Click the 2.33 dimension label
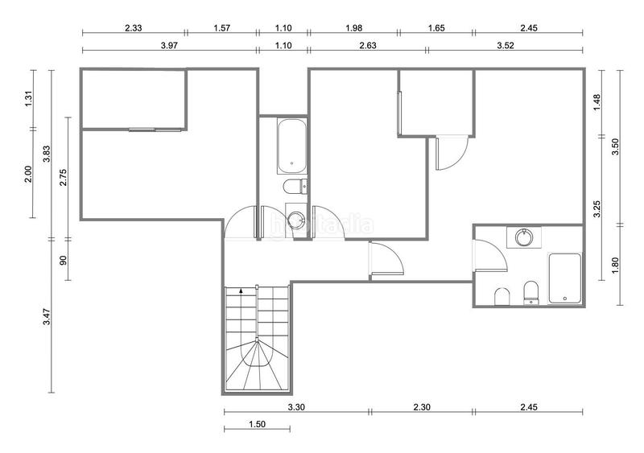coord(134,28)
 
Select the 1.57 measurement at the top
coord(222,28)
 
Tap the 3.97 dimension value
coord(169,45)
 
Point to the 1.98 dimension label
coord(354,28)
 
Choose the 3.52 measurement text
coord(506,45)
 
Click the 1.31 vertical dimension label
coord(28,99)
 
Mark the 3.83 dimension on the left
coord(47,154)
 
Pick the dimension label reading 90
coord(64,260)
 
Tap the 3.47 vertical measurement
coord(47,317)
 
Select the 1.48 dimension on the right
coord(597,102)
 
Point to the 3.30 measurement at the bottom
coord(296,407)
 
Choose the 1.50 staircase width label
coord(257,424)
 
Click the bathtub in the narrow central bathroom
coord(291,146)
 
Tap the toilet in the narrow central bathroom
coord(295,187)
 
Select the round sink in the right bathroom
coord(524,237)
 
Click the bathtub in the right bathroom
coord(565,278)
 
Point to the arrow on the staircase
coord(241,290)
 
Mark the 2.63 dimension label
coord(368,45)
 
